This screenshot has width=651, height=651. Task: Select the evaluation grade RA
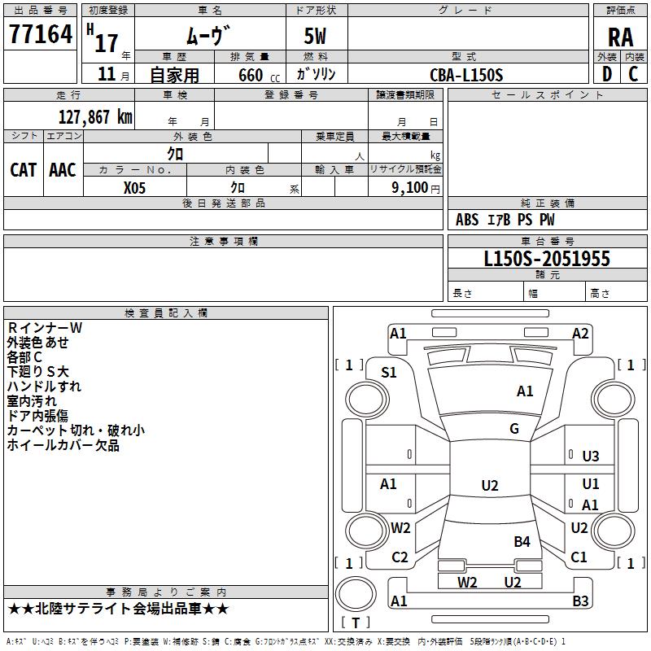coord(620,37)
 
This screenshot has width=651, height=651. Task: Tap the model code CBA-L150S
coord(467,75)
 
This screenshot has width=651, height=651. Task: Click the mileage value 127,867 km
coord(95,116)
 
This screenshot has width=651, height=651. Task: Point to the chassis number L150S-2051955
coord(547,259)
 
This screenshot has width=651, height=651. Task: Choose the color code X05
coord(134,187)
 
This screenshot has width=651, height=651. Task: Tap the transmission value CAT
coord(23,169)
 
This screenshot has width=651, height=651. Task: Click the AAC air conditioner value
coord(63,169)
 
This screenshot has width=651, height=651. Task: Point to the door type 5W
coord(317,37)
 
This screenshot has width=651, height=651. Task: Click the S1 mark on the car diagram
coord(389,373)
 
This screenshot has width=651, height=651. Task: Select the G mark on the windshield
coord(514,429)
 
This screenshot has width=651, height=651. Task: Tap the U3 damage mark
coord(591,457)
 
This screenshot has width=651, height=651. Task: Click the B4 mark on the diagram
coord(522,541)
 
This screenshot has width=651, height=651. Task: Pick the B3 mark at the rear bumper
coord(580,601)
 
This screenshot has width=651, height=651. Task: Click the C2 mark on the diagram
coord(400,557)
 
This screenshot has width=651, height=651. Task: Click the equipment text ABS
coord(467,220)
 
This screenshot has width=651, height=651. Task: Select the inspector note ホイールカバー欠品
coord(63,445)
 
